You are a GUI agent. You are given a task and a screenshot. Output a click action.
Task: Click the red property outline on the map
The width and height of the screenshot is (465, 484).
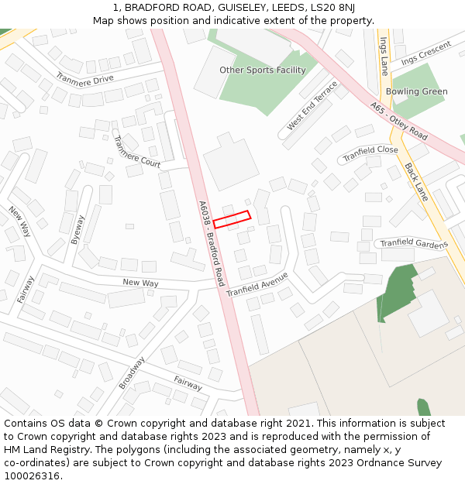(232, 220)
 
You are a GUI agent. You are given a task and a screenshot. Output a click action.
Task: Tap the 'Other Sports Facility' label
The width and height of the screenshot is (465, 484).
(263, 70)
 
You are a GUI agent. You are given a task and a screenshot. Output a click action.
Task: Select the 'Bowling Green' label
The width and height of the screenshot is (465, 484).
(417, 91)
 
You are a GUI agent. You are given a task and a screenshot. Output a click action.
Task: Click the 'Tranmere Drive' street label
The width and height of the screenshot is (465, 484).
(85, 79)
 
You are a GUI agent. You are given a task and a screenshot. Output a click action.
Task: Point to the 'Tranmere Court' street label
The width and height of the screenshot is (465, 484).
(136, 152)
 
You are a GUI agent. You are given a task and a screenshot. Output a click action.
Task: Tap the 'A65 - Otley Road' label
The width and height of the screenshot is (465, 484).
(398, 121)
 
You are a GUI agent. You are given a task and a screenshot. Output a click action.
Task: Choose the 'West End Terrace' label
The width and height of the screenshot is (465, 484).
(312, 105)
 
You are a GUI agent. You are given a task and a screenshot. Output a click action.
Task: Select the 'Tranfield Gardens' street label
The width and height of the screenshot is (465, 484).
(414, 244)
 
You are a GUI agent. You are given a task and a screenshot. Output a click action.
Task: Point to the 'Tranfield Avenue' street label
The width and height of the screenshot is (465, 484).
(257, 283)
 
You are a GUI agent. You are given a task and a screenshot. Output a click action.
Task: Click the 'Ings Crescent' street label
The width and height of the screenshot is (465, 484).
(425, 53)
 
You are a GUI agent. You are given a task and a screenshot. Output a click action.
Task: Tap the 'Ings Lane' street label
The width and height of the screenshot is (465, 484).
(384, 56)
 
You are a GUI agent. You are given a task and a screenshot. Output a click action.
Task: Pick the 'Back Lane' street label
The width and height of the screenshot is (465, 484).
(416, 182)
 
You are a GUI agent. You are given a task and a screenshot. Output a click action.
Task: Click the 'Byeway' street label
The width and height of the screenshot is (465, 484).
(77, 230)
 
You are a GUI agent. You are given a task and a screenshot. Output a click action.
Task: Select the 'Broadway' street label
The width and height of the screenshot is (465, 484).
(132, 373)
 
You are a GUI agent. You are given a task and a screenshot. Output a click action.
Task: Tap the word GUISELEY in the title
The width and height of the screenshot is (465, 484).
(236, 7)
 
